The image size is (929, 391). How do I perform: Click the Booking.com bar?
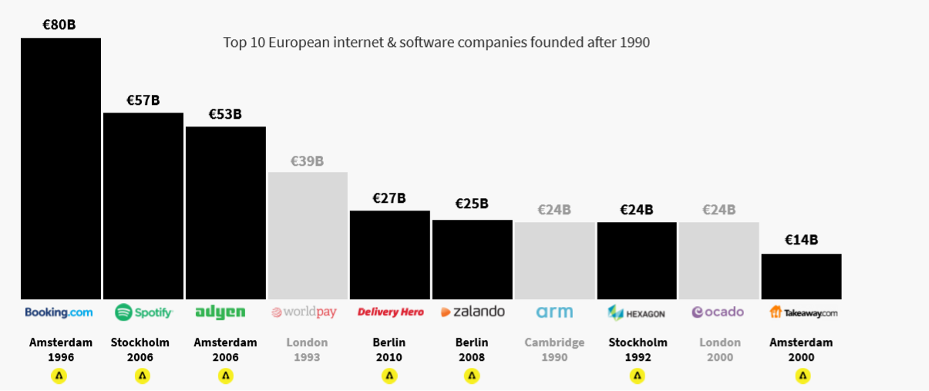(x=61, y=168)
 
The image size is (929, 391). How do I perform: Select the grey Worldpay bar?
(x=308, y=235)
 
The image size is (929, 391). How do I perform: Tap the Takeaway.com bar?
(x=801, y=276)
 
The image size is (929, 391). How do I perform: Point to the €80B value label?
(x=59, y=24)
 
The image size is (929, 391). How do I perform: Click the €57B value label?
(x=143, y=100)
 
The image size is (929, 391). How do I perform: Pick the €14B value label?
(x=801, y=240)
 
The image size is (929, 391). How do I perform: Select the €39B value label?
(x=307, y=161)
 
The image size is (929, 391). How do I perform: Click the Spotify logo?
(x=143, y=312)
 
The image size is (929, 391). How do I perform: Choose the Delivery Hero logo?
(x=390, y=312)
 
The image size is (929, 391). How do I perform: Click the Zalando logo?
(x=473, y=312)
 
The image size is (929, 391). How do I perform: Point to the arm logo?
(x=554, y=312)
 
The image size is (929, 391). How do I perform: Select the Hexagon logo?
(x=637, y=312)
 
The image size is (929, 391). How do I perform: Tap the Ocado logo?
(x=718, y=312)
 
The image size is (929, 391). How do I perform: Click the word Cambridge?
(x=554, y=342)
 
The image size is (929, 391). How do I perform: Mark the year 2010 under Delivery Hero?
(x=389, y=358)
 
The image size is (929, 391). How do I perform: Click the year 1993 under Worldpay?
(x=307, y=358)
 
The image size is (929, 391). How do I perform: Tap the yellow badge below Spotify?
(x=143, y=376)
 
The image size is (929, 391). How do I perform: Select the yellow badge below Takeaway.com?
(x=803, y=376)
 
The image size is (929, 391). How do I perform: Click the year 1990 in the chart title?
(x=634, y=42)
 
